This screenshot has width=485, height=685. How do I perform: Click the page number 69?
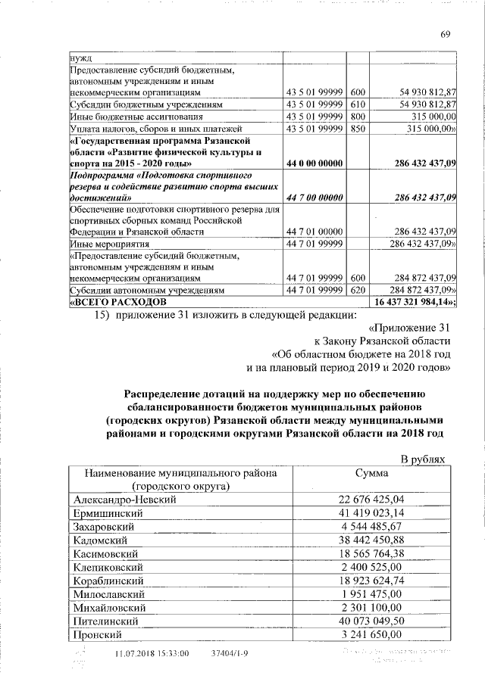pyautogui.click(x=446, y=33)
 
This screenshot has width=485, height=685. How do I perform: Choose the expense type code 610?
pyautogui.click(x=358, y=104)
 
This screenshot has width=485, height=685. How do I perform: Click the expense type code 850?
pyautogui.click(x=358, y=129)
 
